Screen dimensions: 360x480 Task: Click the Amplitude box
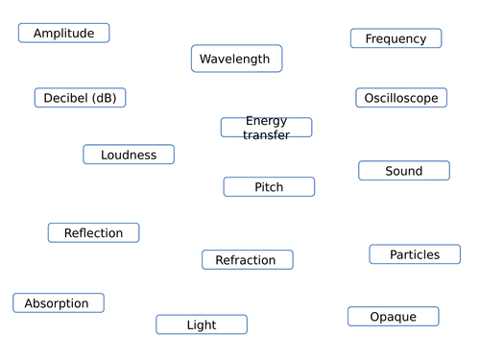pos(63,34)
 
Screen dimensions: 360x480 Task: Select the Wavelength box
pos(236,60)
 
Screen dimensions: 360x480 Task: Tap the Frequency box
pos(396,38)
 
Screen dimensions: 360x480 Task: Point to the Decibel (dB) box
pos(80,98)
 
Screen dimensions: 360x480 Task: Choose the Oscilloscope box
pos(401,98)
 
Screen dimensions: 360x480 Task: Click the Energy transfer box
pos(266,128)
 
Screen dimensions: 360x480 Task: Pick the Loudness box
pos(129,155)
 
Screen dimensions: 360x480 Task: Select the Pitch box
pos(269,187)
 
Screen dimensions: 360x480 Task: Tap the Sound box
pos(403,171)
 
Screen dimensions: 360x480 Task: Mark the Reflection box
pos(93,232)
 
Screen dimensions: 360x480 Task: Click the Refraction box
pos(247,260)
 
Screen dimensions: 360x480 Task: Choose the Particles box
pos(415,254)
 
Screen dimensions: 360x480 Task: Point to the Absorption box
pos(58,303)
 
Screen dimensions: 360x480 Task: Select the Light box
pos(202,325)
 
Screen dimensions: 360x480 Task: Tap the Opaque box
pos(393,317)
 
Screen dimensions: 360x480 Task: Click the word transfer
pos(266,135)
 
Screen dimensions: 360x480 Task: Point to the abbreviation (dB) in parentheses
pos(103,98)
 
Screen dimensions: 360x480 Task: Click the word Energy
pos(266,121)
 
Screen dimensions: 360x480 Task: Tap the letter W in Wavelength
pos(204,60)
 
